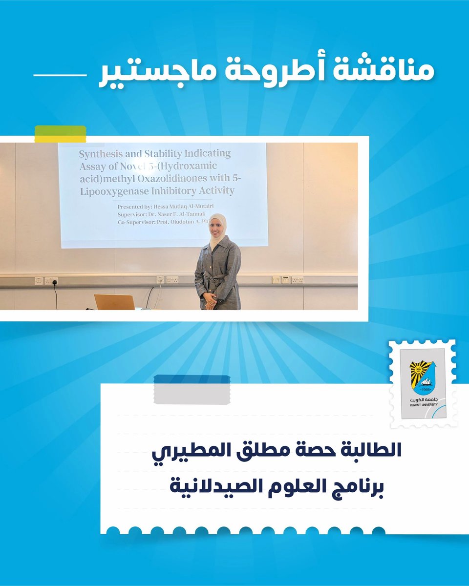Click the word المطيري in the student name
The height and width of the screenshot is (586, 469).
click(x=178, y=450)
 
